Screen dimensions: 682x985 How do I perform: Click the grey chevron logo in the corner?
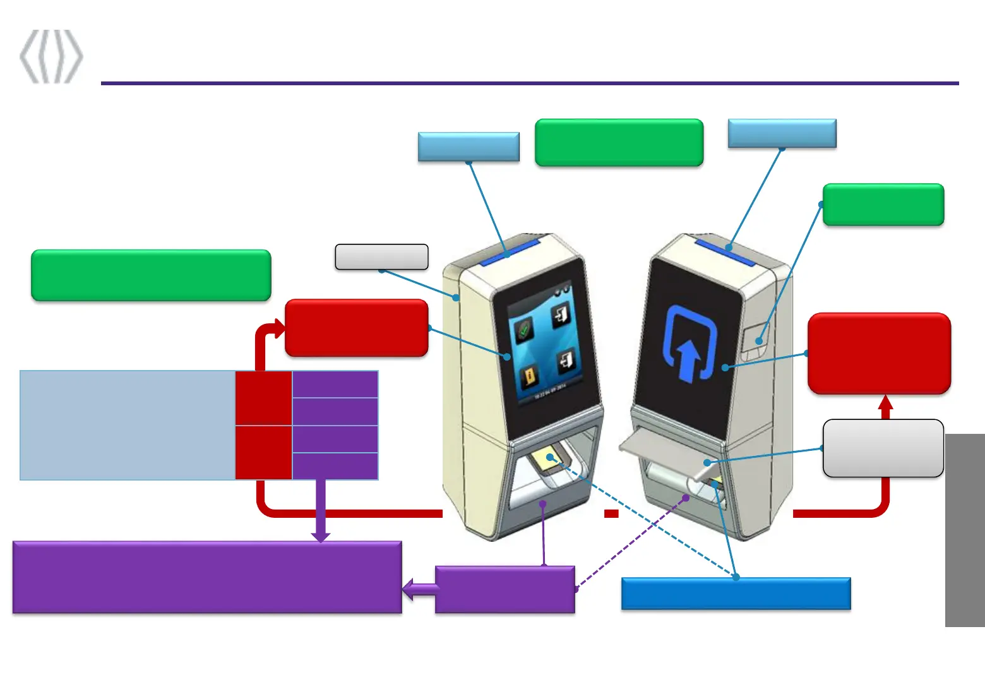(x=51, y=57)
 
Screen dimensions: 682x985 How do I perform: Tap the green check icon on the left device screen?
(x=523, y=329)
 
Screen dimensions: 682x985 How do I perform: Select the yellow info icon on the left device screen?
(x=529, y=378)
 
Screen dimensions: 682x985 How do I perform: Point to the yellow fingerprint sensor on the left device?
(x=547, y=459)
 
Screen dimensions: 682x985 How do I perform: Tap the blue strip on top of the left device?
(x=510, y=251)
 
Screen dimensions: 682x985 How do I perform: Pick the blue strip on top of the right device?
(x=726, y=250)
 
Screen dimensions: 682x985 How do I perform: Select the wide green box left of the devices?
(x=151, y=275)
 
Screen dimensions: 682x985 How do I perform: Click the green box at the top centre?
(x=619, y=143)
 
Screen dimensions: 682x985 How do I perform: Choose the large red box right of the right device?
(x=879, y=354)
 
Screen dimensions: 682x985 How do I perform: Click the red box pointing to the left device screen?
(x=357, y=328)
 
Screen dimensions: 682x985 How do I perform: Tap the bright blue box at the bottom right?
(x=736, y=594)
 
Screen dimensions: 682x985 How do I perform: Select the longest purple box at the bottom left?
(x=207, y=577)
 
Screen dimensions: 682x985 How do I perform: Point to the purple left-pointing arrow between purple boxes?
(x=419, y=589)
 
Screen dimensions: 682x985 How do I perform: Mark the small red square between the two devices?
(x=611, y=513)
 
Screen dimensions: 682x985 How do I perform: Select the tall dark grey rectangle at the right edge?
(x=965, y=530)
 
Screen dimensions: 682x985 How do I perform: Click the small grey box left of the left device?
(x=381, y=257)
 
